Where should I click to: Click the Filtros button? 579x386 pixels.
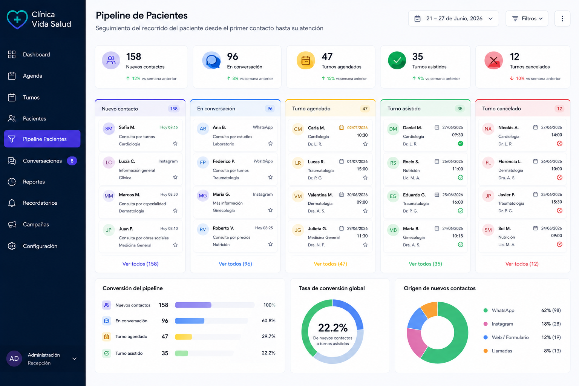(527, 18)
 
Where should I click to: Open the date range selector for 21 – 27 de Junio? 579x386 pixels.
(453, 18)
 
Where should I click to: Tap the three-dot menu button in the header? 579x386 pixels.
(562, 18)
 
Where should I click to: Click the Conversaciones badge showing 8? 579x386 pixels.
(72, 161)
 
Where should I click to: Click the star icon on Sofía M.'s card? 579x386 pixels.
(175, 144)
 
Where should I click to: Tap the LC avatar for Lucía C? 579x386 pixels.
(109, 162)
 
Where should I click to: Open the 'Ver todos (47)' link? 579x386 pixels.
(330, 264)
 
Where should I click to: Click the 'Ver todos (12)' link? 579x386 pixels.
(522, 264)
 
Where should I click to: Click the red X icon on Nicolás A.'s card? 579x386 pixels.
(559, 144)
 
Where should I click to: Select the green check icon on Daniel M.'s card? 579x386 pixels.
(460, 144)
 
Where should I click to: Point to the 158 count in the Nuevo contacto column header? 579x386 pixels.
(174, 109)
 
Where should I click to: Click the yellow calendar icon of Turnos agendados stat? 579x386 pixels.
(306, 60)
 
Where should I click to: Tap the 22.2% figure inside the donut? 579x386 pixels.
(333, 328)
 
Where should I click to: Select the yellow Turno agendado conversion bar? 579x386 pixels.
(184, 337)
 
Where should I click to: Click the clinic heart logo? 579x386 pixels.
(17, 19)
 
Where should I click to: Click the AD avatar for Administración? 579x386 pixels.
(14, 358)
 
